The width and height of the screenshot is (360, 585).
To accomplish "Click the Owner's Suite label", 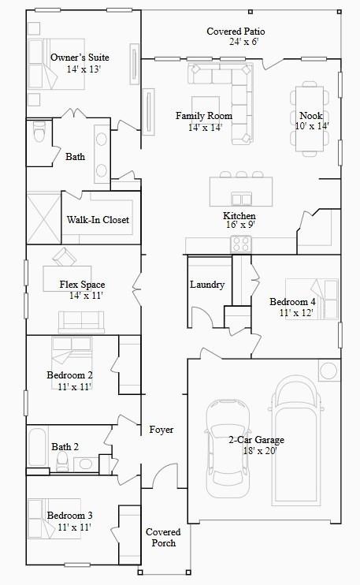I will coord(80,58).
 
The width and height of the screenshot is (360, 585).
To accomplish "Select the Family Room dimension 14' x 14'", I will coord(205,127).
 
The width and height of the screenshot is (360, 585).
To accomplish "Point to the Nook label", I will coord(311,115).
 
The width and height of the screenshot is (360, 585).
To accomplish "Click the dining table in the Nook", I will coord(311,118).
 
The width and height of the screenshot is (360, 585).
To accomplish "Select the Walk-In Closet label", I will coord(98,220).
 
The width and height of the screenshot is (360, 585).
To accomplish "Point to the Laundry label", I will coord(207,285).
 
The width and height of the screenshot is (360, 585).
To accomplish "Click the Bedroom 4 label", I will coord(292,302).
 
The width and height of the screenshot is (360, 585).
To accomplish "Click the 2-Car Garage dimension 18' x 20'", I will coord(256,451).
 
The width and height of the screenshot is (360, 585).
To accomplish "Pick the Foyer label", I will coord(161,430).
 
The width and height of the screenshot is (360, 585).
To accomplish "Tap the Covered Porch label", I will coord(163,538).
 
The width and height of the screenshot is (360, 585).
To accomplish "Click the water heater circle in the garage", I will coord(327,371).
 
